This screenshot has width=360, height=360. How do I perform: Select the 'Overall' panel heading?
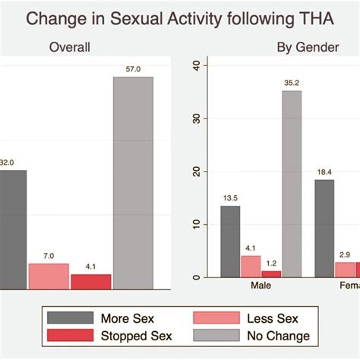(x=70, y=48)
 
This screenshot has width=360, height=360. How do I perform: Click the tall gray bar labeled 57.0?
(x=133, y=182)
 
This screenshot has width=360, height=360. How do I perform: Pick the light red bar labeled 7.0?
(x=48, y=276)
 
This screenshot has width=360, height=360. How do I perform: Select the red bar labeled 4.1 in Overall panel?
(x=90, y=281)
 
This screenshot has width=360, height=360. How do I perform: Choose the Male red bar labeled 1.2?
(x=271, y=273)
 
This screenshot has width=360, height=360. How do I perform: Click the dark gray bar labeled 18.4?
(x=324, y=228)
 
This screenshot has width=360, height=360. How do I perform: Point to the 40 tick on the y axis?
(x=196, y=66)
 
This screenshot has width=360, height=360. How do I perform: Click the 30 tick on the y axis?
(x=196, y=119)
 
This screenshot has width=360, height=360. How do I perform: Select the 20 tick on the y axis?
(x=196, y=172)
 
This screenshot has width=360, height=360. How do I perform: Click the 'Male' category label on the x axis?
(x=261, y=289)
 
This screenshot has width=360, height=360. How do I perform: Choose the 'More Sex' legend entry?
(x=103, y=317)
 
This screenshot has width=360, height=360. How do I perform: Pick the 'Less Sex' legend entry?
(x=250, y=317)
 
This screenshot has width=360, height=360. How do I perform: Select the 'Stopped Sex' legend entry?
(x=103, y=336)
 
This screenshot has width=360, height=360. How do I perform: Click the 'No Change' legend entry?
(x=250, y=336)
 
